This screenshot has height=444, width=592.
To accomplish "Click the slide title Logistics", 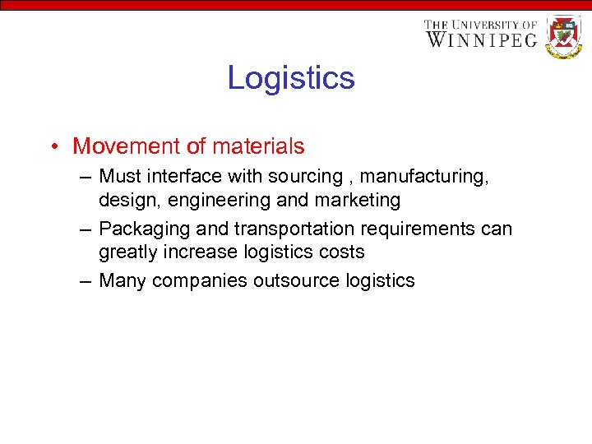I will (291, 78).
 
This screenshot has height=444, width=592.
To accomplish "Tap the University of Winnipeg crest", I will (563, 36).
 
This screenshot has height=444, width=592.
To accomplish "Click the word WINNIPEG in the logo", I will (481, 39).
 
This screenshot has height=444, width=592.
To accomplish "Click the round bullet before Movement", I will (52, 147).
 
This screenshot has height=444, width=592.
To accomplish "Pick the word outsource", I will (292, 280).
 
